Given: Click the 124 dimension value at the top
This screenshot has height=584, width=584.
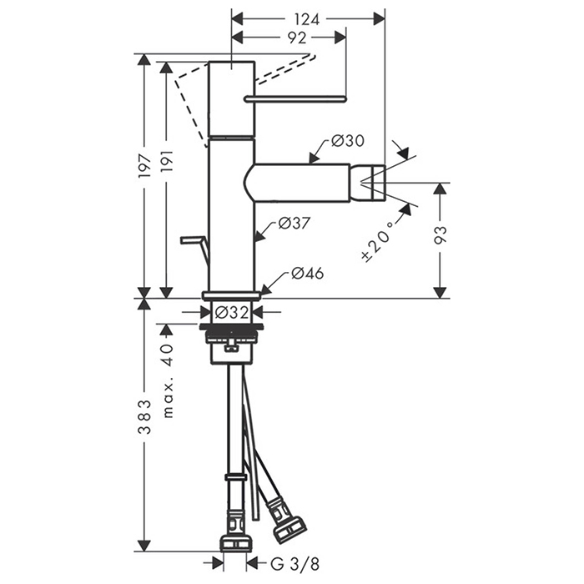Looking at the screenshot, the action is coord(307,19).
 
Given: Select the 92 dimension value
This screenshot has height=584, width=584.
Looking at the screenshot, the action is coord(297,38).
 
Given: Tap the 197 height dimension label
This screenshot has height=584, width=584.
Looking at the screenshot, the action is coord(144,165).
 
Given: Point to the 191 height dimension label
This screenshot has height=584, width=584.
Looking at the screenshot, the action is coord(167,163).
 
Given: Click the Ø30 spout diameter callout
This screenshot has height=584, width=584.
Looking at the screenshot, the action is coord(347,141).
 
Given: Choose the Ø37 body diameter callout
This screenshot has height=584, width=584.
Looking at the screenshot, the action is coord(295,223).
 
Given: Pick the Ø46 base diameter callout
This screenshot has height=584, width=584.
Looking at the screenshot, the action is coord(308,273).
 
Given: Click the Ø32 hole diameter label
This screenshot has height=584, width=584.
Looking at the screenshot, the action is coord(232,312).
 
